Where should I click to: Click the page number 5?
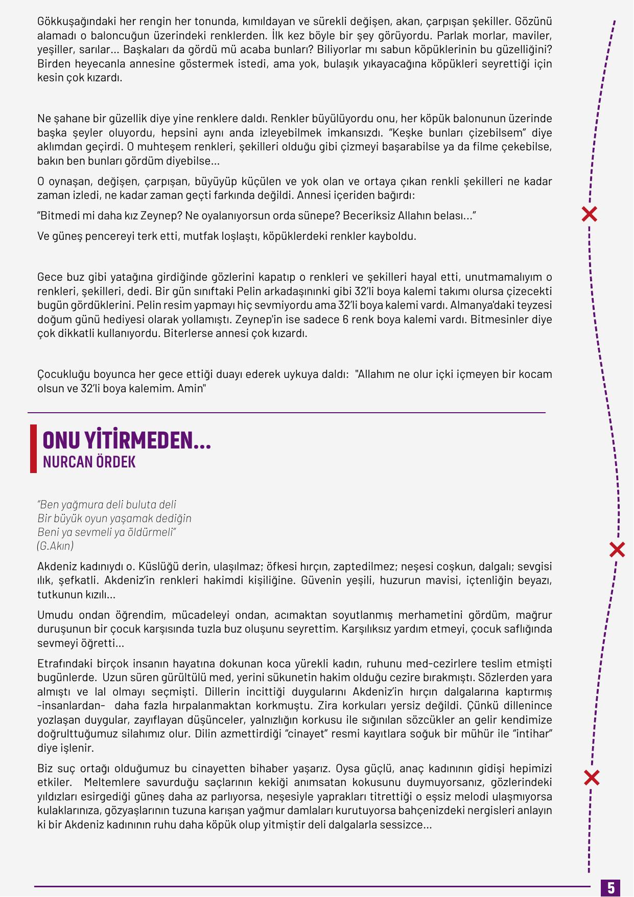611,887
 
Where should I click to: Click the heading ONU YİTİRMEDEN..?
126,440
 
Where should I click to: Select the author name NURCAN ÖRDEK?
89,462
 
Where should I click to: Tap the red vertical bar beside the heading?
34,448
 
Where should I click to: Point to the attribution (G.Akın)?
55,546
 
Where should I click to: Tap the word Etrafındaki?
66,664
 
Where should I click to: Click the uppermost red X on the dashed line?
590,214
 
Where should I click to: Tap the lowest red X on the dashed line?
592,778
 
